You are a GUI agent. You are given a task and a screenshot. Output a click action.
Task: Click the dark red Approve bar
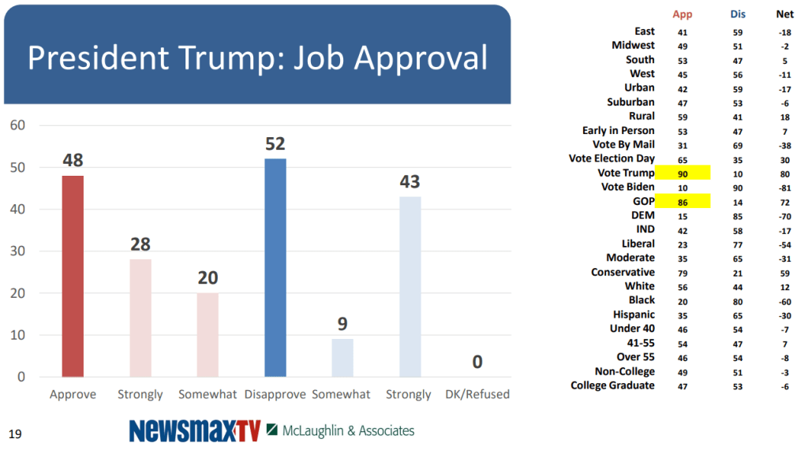(73, 276)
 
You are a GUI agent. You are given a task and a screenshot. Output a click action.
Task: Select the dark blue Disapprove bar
(275, 267)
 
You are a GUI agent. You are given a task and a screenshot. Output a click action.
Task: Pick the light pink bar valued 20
(208, 334)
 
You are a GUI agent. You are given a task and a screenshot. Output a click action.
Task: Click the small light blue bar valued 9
(342, 357)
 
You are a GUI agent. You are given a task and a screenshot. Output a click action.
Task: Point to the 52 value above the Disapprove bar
(275, 144)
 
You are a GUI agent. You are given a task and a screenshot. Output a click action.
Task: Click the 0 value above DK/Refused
(477, 363)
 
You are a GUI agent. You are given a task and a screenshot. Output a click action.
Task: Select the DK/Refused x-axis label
(477, 394)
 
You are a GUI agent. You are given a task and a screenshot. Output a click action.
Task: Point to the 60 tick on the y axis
(17, 125)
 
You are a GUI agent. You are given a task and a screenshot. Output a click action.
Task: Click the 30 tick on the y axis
(17, 251)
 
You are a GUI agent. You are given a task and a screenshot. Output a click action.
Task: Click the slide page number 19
(14, 433)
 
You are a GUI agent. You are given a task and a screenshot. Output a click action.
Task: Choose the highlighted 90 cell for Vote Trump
(683, 173)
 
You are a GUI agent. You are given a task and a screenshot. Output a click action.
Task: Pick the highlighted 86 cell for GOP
(683, 202)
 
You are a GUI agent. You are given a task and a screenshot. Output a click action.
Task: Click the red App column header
(682, 14)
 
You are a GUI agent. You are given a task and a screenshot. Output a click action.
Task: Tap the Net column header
(785, 14)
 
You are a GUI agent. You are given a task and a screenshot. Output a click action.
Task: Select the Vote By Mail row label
(623, 145)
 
